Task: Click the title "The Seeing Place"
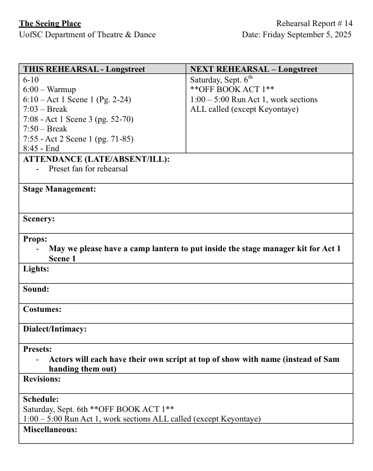point(50,23)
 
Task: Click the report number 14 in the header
point(348,23)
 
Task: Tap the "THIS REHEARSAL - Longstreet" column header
point(84,69)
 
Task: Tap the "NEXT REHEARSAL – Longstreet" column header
point(253,69)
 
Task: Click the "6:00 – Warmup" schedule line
point(49,89)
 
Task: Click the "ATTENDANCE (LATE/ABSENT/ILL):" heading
point(96,159)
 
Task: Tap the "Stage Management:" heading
point(60,189)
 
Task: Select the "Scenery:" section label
point(39,219)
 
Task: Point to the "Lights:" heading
point(36,269)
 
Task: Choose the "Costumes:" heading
point(42,309)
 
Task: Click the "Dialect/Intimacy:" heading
point(55,329)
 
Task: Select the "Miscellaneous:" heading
point(50,429)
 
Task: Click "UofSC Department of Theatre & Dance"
point(87,35)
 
